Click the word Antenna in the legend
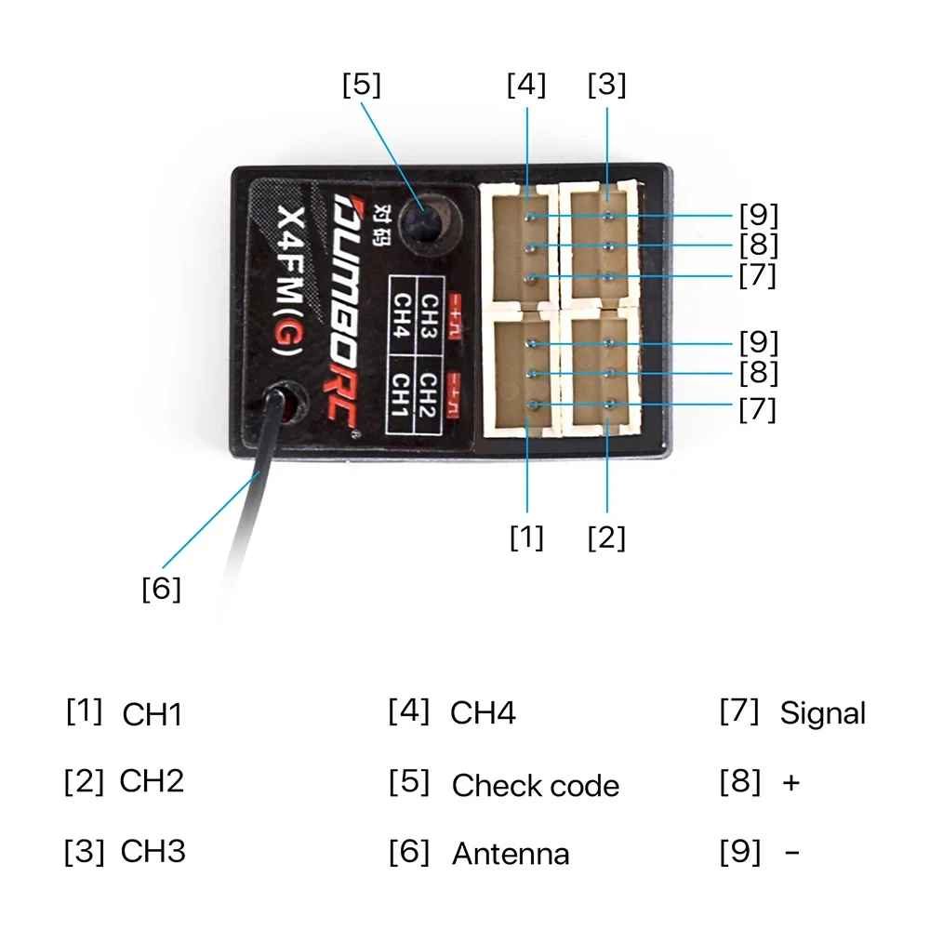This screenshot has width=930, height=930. tap(511, 854)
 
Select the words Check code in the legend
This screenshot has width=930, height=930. tap(535, 786)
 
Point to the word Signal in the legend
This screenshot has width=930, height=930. tap(822, 713)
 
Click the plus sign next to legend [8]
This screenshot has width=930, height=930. tap(790, 783)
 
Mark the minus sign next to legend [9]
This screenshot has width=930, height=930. tap(791, 852)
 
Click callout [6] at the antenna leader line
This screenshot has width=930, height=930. tap(161, 589)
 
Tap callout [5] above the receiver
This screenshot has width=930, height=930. tap(361, 85)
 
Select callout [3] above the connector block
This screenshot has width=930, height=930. tap(606, 85)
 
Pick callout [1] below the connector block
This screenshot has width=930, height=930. tap(526, 538)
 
